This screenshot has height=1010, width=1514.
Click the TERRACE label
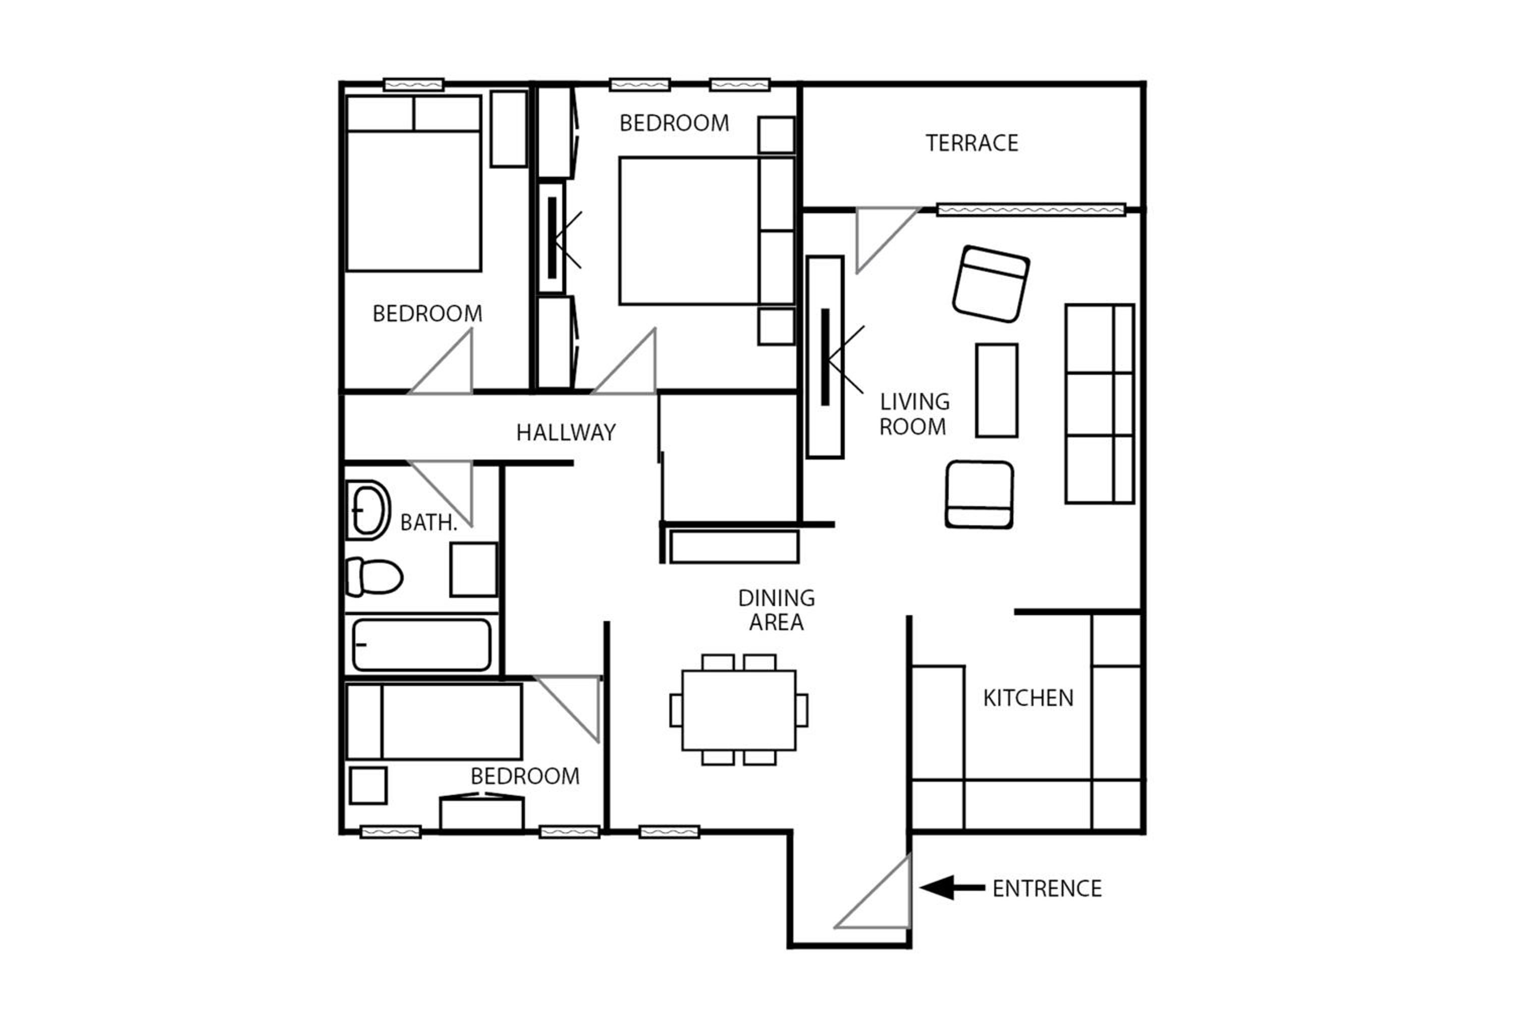coord(972,143)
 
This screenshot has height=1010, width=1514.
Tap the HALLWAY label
coord(566,432)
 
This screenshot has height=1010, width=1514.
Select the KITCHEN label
coord(1028,698)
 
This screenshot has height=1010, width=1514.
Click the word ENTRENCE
coord(1047,889)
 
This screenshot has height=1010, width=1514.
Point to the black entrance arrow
coord(952,888)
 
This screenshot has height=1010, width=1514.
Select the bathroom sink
coord(368,510)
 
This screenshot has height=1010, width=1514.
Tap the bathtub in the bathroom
coord(421,645)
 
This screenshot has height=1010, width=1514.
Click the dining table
coord(739,710)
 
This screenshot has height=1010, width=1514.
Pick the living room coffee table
coord(996,390)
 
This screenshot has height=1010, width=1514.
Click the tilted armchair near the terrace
coord(991,284)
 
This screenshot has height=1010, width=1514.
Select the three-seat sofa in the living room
coord(1100,404)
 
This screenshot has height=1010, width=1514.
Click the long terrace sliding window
coord(1031,210)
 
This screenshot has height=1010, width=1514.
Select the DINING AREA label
coord(776,610)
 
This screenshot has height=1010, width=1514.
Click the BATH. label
coord(428,522)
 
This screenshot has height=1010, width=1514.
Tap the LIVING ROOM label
coord(914,414)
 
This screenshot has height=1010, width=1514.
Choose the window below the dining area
coord(670,832)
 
